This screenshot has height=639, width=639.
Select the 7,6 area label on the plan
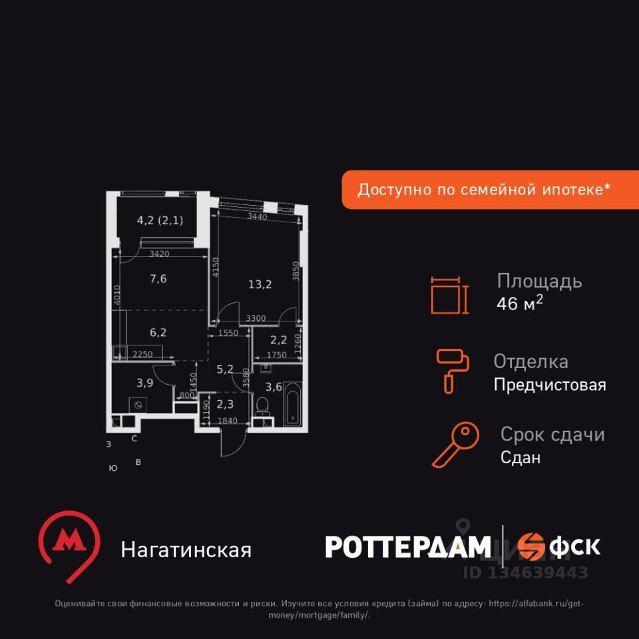[x=158, y=278]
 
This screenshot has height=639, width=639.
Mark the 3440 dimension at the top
[x=257, y=216]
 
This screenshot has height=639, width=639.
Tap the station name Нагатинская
[x=186, y=550]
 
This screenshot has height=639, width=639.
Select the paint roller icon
[x=453, y=370]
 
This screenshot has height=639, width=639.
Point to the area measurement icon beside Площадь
[x=449, y=294]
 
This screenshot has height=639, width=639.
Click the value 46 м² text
[x=520, y=304]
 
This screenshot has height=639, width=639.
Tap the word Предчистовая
[x=550, y=385]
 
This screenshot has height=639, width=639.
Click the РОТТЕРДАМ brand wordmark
[x=408, y=547]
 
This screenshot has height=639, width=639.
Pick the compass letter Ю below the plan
[x=113, y=469]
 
